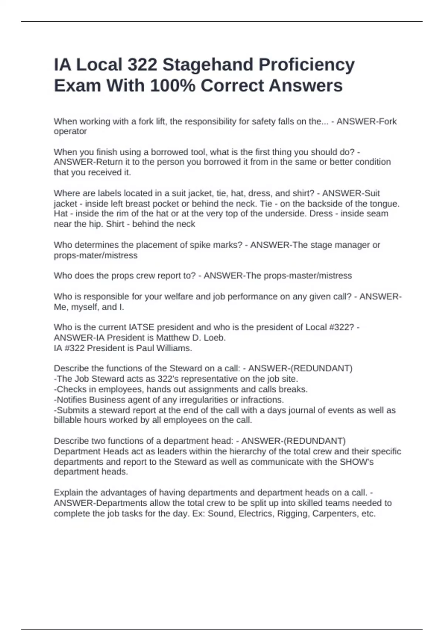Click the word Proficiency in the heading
pos(307,65)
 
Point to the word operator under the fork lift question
pos(70,132)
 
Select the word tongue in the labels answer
pos(385,203)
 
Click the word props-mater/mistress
pos(95,255)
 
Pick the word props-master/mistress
pos(307,276)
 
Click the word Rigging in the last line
pos(291,514)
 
